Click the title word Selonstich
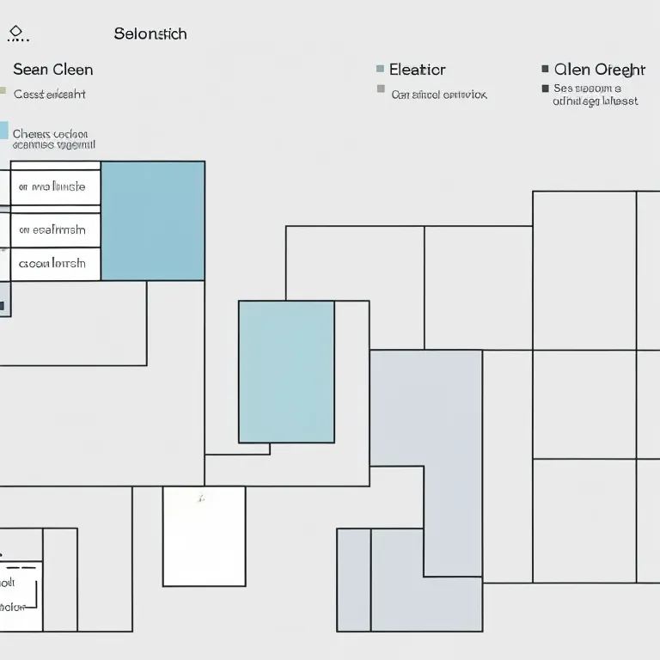coord(150,34)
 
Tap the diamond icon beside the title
coord(15,32)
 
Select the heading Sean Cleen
coord(52,70)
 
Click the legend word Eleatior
coord(417,70)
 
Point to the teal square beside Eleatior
coord(380,69)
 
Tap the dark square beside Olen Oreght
coord(546,69)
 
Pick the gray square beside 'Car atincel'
coord(381,89)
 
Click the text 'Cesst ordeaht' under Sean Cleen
coord(50,95)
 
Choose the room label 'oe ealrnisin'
coord(52,229)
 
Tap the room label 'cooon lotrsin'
coord(52,263)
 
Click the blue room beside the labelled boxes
coord(153,220)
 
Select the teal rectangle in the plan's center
coord(286,371)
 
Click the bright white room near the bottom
coord(204,535)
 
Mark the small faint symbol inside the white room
coord(199,498)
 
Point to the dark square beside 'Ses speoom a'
coord(545,89)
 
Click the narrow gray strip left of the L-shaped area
coord(353,579)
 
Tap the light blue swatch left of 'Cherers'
coord(3,131)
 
